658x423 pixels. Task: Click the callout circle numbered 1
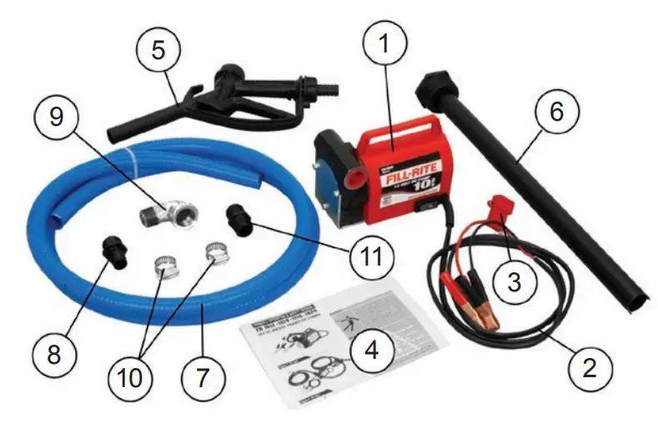point(384,46)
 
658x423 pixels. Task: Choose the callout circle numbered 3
point(515,282)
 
